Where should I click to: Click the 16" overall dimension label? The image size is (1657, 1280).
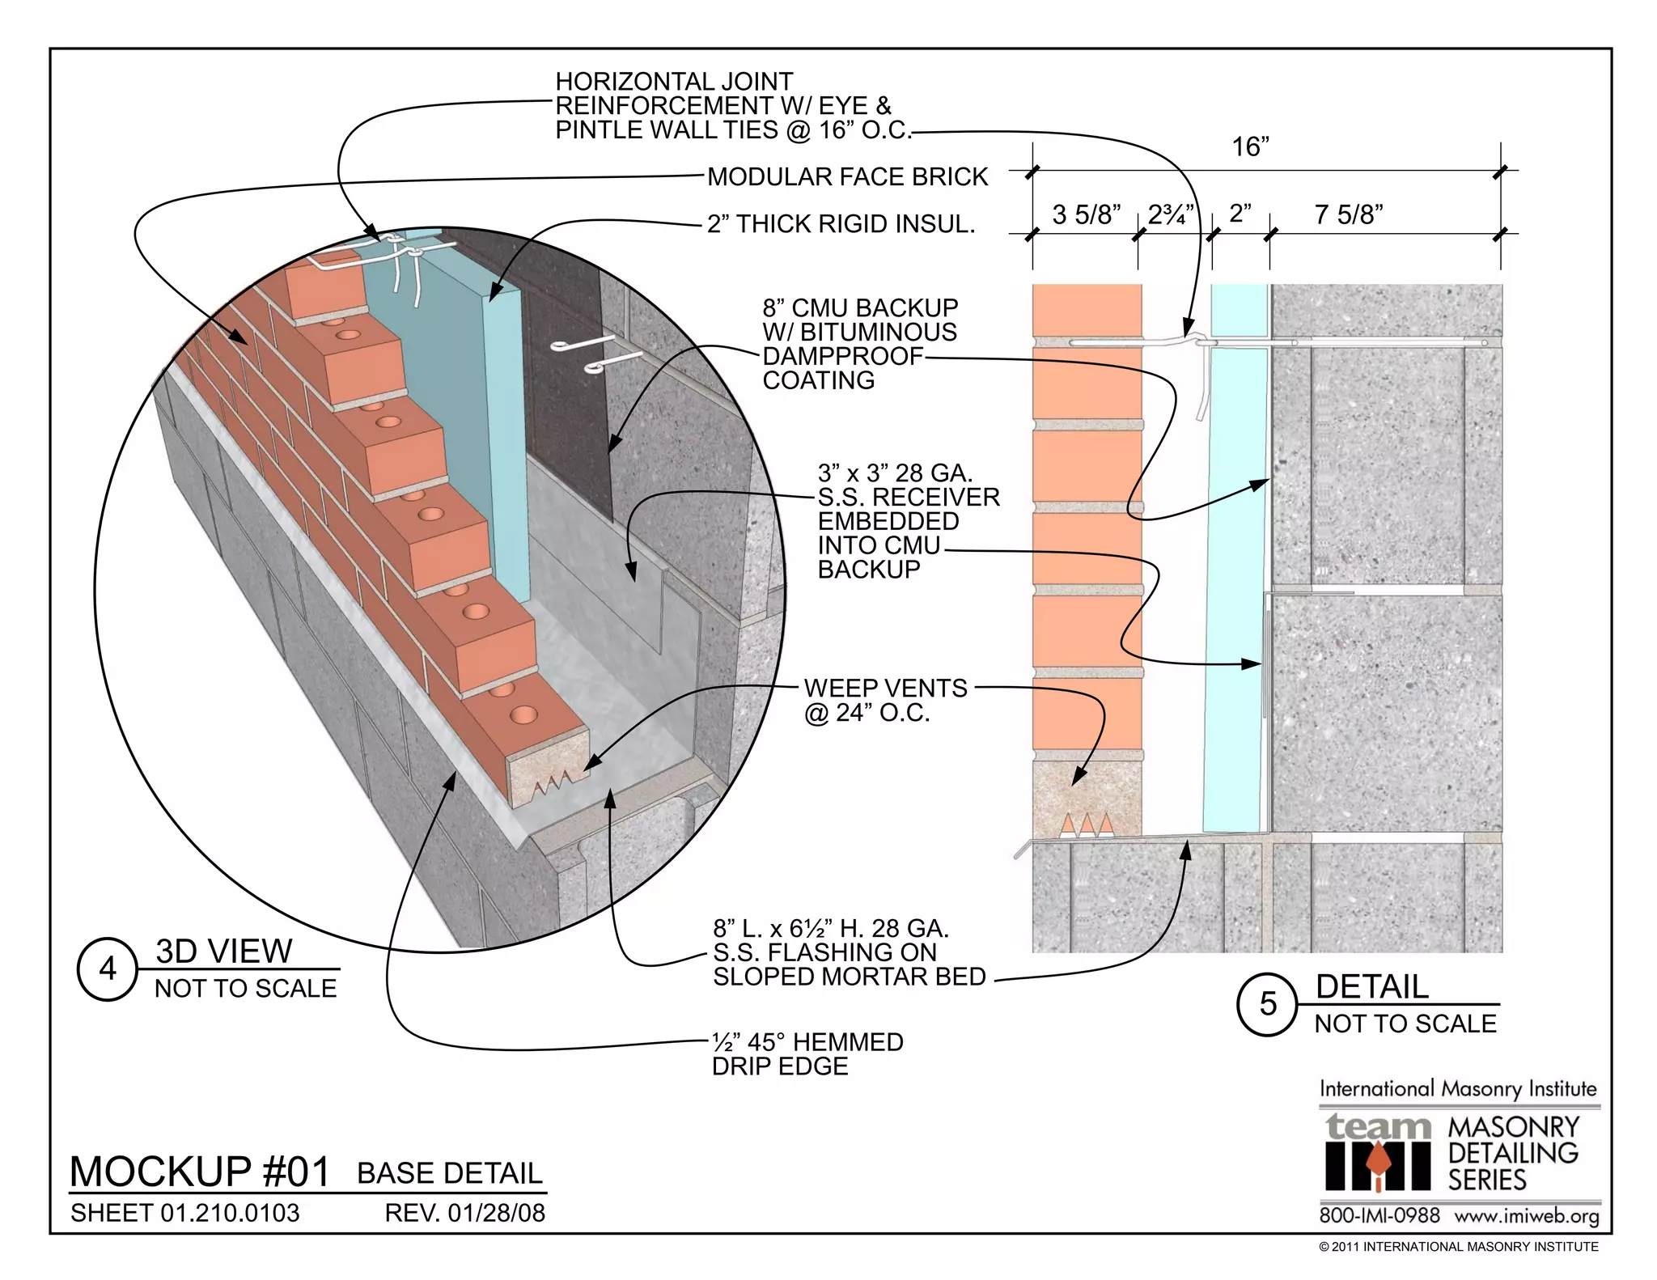(x=1250, y=147)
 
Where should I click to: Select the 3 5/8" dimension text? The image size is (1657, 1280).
(x=1086, y=214)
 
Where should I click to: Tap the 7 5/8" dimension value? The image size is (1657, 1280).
(x=1349, y=214)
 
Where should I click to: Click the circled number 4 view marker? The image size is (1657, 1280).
(x=107, y=969)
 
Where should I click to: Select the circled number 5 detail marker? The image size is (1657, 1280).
(x=1267, y=1004)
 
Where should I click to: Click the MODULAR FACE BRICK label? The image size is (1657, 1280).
(x=847, y=176)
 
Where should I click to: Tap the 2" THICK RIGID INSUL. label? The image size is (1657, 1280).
(x=841, y=224)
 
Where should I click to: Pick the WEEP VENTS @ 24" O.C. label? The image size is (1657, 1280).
(x=885, y=700)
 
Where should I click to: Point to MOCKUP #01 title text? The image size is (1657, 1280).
(x=200, y=1172)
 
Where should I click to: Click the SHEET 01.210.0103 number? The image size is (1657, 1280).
(x=184, y=1213)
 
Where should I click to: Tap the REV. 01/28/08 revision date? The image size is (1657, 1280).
(x=464, y=1213)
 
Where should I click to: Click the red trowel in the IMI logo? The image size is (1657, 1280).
(x=1376, y=1168)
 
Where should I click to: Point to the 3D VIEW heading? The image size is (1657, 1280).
(x=223, y=951)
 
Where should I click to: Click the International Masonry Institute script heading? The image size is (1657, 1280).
(x=1458, y=1089)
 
